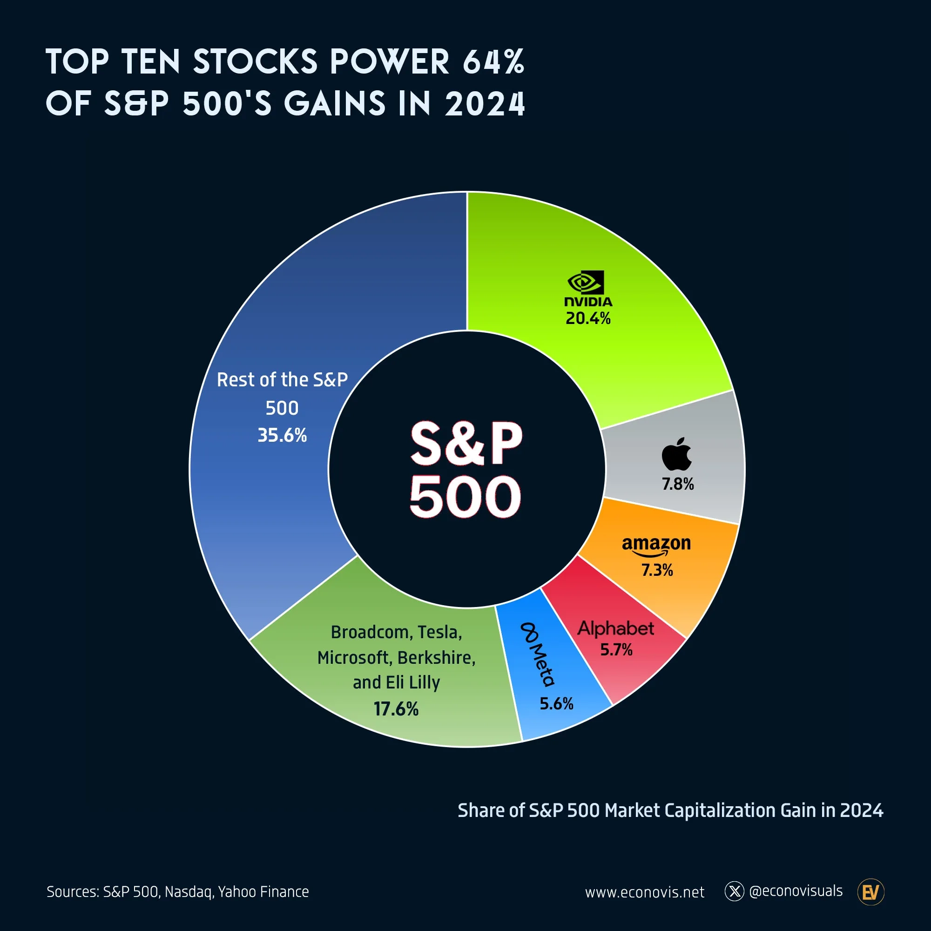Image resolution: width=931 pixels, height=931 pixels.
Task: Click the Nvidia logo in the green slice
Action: coord(587,288)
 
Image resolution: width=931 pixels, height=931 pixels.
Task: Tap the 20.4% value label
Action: coord(588,318)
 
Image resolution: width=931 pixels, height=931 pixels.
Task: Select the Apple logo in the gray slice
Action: coord(676,454)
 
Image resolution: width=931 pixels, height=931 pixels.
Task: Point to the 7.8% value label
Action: coord(677,484)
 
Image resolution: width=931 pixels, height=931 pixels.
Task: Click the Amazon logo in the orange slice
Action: coord(656,546)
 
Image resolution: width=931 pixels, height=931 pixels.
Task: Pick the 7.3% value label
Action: coord(657,570)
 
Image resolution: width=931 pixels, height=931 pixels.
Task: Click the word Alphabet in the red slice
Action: coord(616,628)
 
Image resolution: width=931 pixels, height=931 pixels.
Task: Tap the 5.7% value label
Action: coord(616,649)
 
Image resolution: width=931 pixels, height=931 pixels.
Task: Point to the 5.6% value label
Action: coord(556,703)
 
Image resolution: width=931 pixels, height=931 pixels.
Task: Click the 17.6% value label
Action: coord(396,709)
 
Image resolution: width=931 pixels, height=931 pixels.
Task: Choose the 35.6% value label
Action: coord(282,435)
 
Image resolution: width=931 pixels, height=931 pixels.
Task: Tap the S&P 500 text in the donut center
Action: coord(465,469)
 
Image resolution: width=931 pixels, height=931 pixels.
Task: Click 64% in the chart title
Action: coord(493,62)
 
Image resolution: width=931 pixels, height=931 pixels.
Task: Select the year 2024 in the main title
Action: coord(485,104)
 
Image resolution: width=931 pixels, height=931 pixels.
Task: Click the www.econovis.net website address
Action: coord(644,892)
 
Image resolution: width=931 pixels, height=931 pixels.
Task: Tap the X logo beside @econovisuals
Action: coord(735,891)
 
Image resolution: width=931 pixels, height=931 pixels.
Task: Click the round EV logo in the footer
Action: coord(871,892)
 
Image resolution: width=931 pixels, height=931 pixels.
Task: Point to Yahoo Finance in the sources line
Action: coord(263,892)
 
